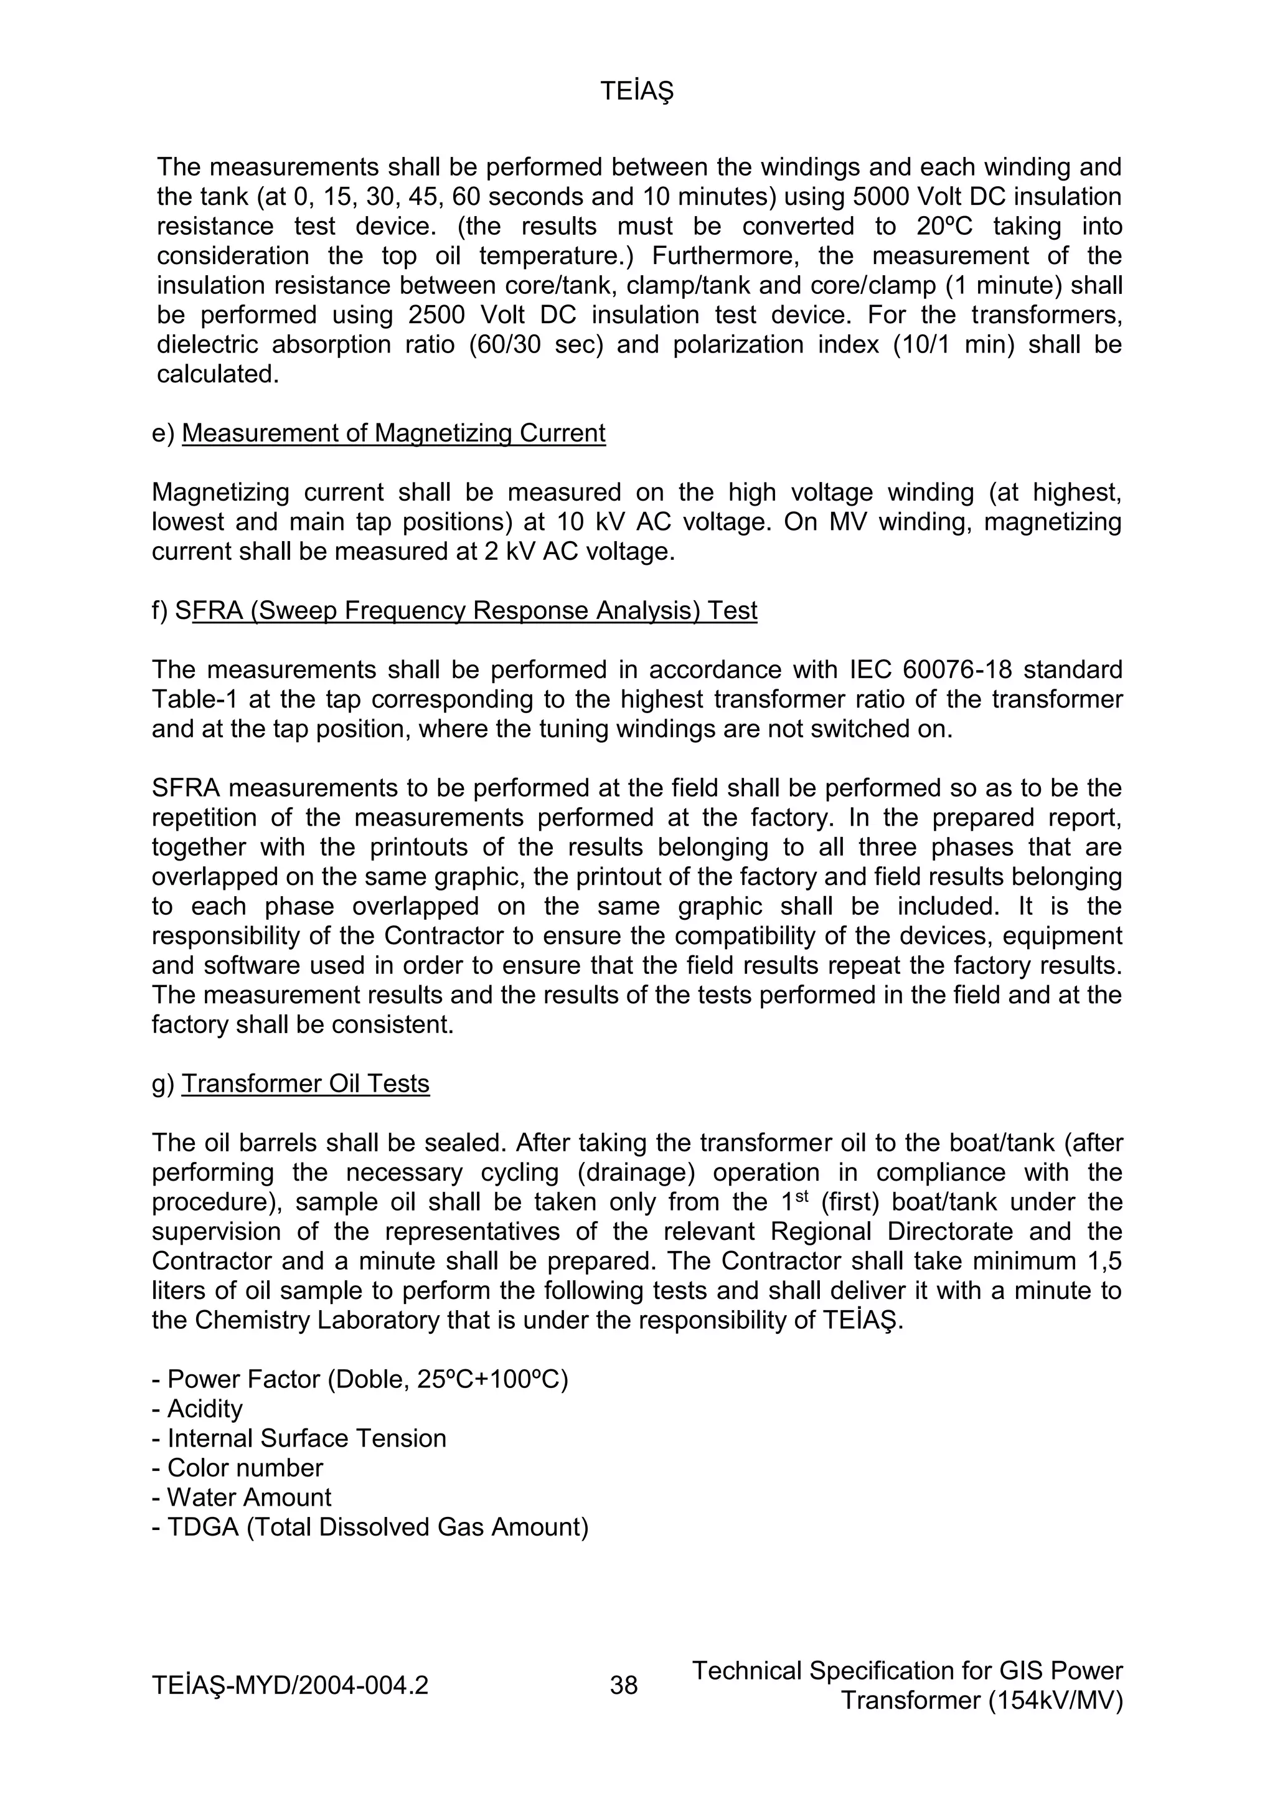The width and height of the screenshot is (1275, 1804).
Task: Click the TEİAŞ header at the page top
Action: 637,92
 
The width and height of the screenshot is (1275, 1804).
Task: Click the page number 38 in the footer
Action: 624,1685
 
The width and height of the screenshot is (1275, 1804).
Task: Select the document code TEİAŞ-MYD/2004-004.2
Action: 290,1685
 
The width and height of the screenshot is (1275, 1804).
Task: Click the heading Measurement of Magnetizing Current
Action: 393,433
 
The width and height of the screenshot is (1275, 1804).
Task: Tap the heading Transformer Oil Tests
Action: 306,1084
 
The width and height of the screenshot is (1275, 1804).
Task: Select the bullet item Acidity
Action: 204,1409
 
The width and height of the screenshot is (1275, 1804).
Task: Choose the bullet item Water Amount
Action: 248,1498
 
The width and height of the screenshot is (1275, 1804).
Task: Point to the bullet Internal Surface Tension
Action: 306,1438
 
